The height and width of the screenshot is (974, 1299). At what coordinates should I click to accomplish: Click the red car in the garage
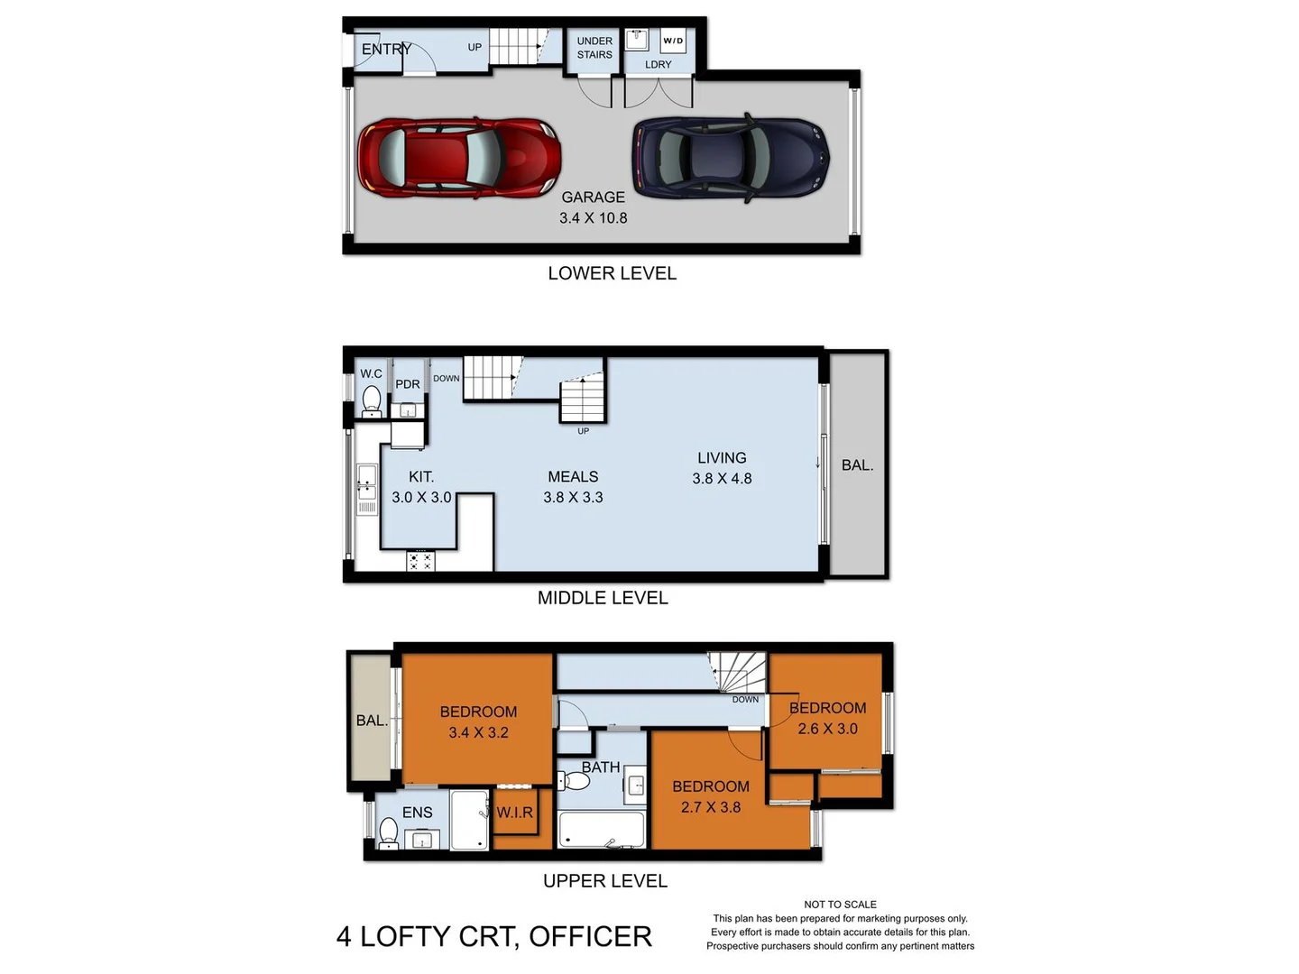click(459, 158)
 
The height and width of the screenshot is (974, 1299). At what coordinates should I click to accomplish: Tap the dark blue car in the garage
click(731, 158)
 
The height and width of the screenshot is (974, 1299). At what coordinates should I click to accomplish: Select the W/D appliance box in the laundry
click(673, 41)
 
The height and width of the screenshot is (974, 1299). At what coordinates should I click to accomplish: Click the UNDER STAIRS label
click(594, 48)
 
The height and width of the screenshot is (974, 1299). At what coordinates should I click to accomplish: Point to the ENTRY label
click(386, 50)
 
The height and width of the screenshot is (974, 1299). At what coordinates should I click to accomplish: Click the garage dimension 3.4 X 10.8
click(593, 218)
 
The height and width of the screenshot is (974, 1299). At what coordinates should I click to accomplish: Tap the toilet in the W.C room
click(371, 399)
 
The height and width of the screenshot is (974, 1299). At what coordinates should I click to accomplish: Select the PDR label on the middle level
click(408, 384)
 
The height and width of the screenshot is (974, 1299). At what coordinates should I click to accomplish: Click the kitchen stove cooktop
click(420, 561)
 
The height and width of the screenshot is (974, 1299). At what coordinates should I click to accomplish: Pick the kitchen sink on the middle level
click(366, 482)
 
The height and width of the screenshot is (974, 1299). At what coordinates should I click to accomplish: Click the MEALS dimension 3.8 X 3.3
click(573, 498)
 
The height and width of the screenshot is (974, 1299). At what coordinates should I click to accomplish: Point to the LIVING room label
click(722, 458)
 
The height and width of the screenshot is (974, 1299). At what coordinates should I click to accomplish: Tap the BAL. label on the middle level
click(857, 465)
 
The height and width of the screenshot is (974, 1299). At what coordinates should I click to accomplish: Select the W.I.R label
click(515, 813)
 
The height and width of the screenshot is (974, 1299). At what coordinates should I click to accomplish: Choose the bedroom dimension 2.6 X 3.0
click(827, 729)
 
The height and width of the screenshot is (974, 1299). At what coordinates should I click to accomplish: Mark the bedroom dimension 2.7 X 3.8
click(710, 807)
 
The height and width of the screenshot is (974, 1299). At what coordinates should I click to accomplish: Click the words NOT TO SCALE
click(840, 905)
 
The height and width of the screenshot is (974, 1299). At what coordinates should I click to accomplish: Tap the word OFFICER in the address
click(590, 937)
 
